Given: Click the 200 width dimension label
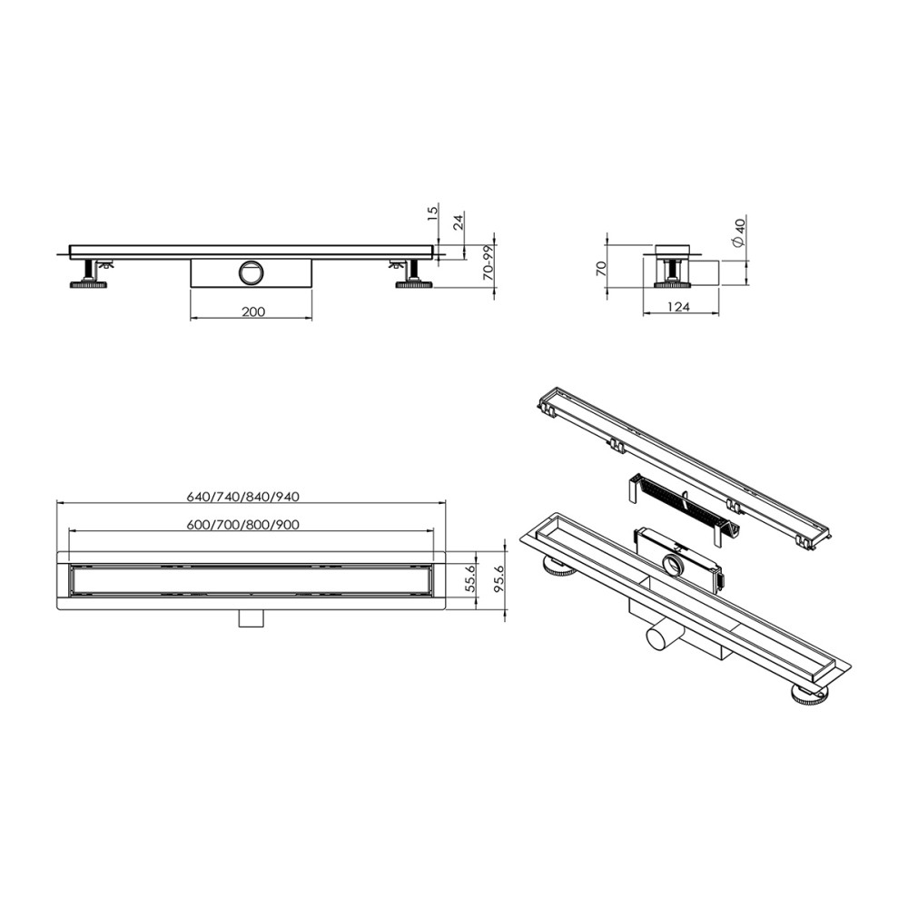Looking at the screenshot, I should click(253, 311).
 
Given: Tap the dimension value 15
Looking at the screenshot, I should click(433, 212).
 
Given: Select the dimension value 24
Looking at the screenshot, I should click(459, 221).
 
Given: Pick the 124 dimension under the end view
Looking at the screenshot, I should click(679, 307).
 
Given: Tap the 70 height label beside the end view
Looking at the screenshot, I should click(600, 267).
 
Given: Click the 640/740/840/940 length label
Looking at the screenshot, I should click(242, 496).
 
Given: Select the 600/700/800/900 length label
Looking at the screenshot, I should click(242, 524).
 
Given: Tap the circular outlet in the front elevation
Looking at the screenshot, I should click(251, 271).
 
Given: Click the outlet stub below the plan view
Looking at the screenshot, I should click(251, 617).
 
